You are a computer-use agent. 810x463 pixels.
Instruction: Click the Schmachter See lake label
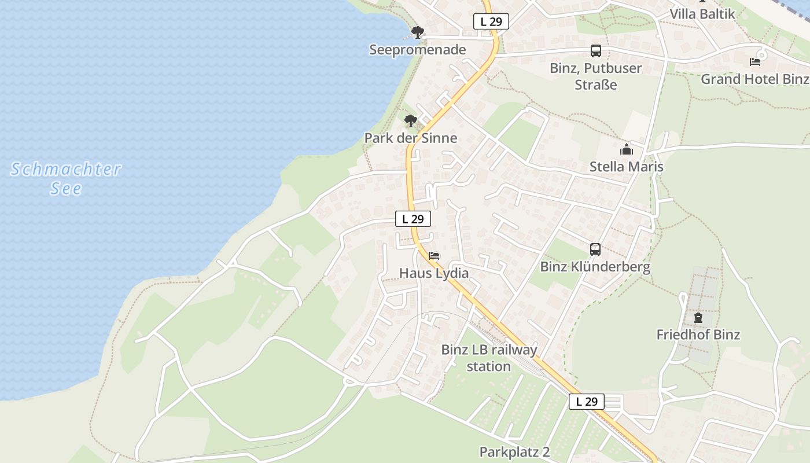66,178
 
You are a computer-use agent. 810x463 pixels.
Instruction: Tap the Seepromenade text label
417,50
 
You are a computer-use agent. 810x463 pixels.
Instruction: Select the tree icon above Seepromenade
417,32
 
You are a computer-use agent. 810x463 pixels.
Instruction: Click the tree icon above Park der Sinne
411,121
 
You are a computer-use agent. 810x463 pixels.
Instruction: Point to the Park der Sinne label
410,138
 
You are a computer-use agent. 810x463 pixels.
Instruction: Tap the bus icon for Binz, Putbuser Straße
595,51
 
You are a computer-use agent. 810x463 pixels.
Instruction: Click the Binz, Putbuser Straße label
595,76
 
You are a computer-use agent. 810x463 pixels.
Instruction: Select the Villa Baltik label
702,14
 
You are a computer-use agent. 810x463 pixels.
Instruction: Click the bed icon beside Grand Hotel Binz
754,62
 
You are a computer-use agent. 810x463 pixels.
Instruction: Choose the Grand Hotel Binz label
754,79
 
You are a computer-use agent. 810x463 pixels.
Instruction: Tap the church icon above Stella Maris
626,150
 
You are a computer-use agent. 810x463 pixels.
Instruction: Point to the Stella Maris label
626,167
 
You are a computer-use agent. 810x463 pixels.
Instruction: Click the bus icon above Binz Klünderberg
595,249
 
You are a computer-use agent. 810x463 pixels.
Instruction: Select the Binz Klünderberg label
595,267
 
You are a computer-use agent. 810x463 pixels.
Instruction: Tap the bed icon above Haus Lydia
434,255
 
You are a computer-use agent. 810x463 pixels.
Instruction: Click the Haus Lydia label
434,273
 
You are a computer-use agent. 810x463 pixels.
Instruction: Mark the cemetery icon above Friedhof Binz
698,318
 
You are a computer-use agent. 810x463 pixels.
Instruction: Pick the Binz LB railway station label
489,358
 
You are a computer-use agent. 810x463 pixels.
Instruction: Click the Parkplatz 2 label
514,452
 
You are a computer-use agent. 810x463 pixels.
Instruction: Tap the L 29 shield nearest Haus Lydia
413,219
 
